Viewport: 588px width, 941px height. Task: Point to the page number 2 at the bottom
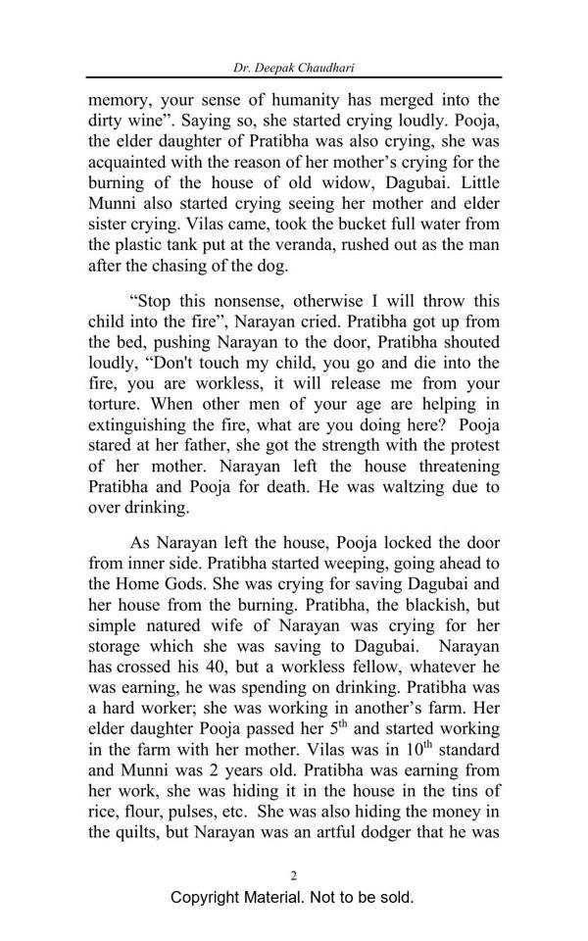click(x=293, y=875)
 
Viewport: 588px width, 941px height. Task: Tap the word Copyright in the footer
click(x=208, y=898)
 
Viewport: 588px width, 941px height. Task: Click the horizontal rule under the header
click(x=293, y=77)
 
